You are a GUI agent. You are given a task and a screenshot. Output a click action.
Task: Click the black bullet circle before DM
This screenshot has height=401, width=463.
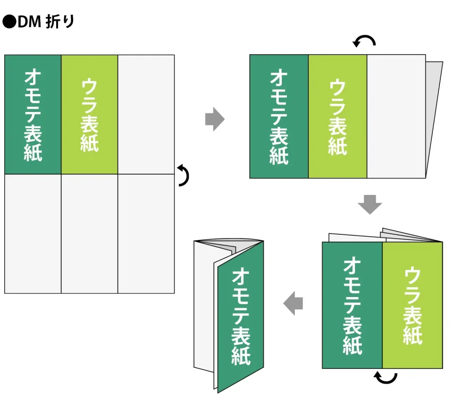point(9,22)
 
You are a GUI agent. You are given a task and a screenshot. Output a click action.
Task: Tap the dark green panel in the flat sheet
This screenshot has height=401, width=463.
point(33,114)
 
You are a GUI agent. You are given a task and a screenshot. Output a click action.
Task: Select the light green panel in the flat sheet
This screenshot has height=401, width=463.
point(89,114)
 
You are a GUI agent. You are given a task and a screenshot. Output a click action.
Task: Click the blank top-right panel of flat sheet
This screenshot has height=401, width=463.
point(146,114)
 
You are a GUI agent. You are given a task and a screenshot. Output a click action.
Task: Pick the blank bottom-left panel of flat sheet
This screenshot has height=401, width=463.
point(33,233)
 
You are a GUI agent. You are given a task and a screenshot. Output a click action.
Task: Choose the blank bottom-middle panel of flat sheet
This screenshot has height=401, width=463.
point(89,233)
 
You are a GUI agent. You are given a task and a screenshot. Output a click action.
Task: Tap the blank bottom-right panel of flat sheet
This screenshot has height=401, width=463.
point(146,233)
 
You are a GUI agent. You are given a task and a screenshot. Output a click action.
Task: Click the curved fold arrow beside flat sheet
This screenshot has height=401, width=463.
point(184,175)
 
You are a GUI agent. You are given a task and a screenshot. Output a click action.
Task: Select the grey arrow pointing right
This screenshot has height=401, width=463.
point(214,119)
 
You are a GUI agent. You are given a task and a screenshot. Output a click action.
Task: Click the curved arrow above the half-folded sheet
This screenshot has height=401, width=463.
point(365,42)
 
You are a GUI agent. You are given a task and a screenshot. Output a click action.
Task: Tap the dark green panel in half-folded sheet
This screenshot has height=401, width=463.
point(279,116)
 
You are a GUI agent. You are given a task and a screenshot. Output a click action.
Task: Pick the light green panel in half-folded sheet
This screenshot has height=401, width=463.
point(337,116)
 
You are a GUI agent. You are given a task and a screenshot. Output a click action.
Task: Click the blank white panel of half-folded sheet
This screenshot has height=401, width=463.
point(396,116)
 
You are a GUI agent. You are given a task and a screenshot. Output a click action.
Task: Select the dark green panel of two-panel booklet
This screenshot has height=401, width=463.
point(352,305)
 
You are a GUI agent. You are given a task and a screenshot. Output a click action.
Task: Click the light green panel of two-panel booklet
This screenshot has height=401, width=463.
point(412,305)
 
